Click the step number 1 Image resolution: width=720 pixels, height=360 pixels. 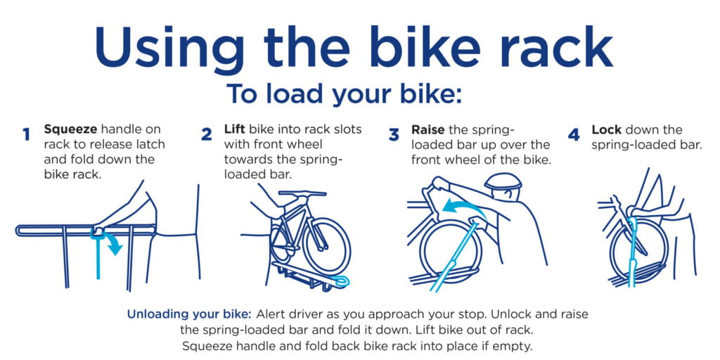click(26, 134)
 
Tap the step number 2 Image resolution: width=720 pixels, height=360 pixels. click(207, 134)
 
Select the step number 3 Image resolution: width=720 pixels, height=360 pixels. click(394, 134)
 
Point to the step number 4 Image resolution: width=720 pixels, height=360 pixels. click(574, 134)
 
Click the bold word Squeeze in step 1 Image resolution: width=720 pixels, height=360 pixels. click(70, 130)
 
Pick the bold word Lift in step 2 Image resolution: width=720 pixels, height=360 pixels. click(236, 129)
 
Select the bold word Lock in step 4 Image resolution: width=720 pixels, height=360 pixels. click(606, 129)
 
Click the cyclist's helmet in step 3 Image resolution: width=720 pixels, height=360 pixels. click(502, 181)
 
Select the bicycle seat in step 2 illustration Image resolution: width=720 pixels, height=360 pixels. click(302, 193)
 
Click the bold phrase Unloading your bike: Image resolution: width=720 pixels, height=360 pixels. click(189, 315)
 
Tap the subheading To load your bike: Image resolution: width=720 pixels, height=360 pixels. click(345, 94)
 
